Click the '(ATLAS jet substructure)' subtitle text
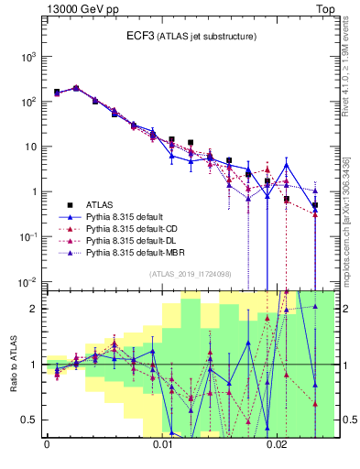click(205, 37)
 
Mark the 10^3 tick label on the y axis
click(27, 57)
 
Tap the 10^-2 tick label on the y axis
click(27, 281)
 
